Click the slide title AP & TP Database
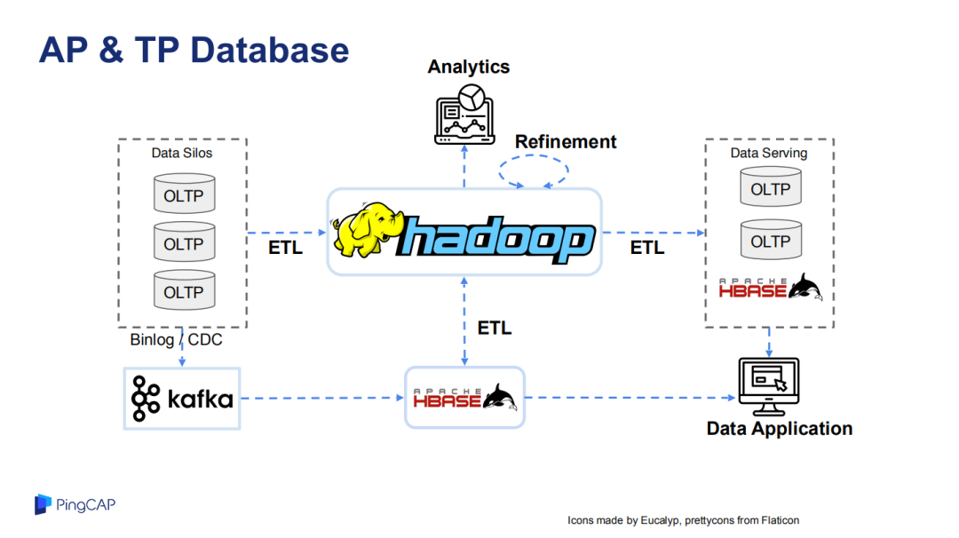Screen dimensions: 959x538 click(194, 50)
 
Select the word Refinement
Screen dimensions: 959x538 click(565, 142)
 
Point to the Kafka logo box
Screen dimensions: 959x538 click(182, 399)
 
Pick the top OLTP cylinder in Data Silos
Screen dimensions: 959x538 click(184, 194)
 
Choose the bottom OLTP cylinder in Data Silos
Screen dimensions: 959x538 click(184, 290)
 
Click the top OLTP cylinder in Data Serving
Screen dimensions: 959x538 click(771, 187)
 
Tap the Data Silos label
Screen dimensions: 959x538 click(182, 153)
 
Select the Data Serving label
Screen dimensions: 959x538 click(769, 153)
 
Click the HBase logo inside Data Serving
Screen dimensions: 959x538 click(771, 288)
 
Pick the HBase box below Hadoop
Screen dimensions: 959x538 click(464, 398)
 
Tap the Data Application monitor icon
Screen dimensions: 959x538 click(769, 387)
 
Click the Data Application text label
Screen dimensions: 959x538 click(780, 429)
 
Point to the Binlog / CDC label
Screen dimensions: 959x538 click(176, 340)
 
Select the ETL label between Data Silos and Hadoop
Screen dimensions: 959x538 click(286, 248)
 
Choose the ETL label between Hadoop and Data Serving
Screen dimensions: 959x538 click(647, 248)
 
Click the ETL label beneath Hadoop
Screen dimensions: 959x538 click(495, 328)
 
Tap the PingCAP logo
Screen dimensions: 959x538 click(75, 504)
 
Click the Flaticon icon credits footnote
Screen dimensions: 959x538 click(683, 520)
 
